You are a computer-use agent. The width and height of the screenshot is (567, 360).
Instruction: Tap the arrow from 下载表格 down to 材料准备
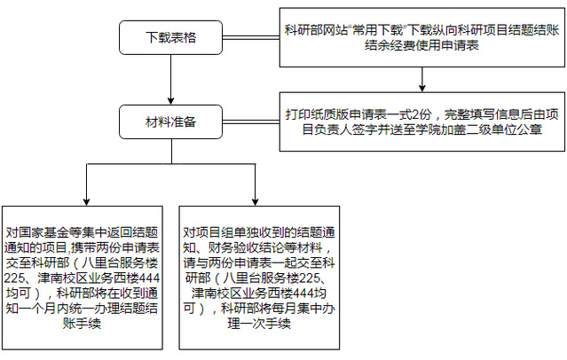point(171,80)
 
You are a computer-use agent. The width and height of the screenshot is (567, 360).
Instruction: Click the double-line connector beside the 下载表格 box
point(251,37)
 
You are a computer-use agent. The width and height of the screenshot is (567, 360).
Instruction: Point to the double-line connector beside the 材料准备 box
point(251,121)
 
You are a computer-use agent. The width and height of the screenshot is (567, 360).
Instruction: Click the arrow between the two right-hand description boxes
point(422,80)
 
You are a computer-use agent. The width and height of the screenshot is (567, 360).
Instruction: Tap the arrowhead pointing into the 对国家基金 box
point(86,202)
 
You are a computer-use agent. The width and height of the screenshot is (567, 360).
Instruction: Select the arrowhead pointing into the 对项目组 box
point(256,202)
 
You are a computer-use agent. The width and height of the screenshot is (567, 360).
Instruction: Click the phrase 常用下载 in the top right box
point(378,29)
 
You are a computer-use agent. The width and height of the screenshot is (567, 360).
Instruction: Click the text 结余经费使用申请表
point(422,45)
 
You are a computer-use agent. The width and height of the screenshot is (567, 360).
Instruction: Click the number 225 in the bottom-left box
point(13,278)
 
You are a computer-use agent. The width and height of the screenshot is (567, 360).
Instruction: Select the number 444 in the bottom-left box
point(150,278)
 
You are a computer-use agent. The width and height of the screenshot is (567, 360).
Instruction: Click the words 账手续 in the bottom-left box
point(82,323)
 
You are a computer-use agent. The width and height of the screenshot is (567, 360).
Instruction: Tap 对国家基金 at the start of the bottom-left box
point(37,232)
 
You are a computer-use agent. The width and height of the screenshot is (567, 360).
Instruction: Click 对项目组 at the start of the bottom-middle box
point(208,232)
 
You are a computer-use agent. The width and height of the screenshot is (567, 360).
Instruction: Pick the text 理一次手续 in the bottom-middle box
point(259,323)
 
